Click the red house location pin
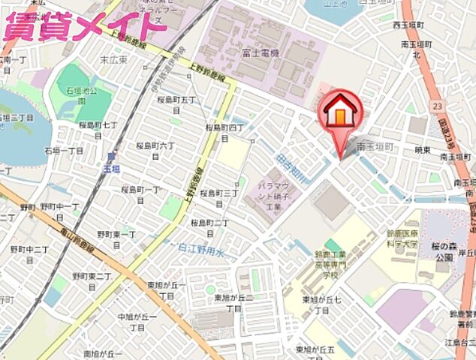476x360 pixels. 342,115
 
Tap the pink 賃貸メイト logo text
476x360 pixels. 84,27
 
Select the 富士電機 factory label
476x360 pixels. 262,53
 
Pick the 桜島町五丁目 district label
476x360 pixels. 177,104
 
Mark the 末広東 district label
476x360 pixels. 114,59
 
